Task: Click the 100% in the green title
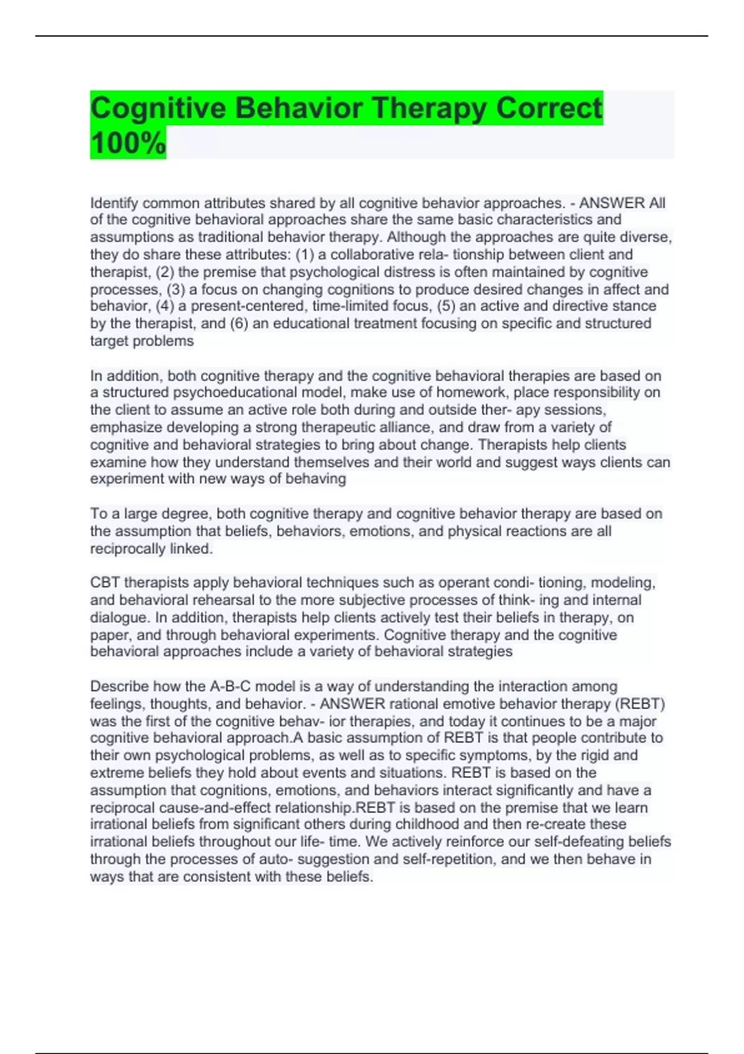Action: [x=128, y=143]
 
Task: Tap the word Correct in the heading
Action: [x=549, y=108]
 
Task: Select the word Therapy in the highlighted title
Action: [x=428, y=108]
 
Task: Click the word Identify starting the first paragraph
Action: [x=114, y=203]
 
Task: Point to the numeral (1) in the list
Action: [x=304, y=254]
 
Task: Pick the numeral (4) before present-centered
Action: [x=166, y=306]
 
